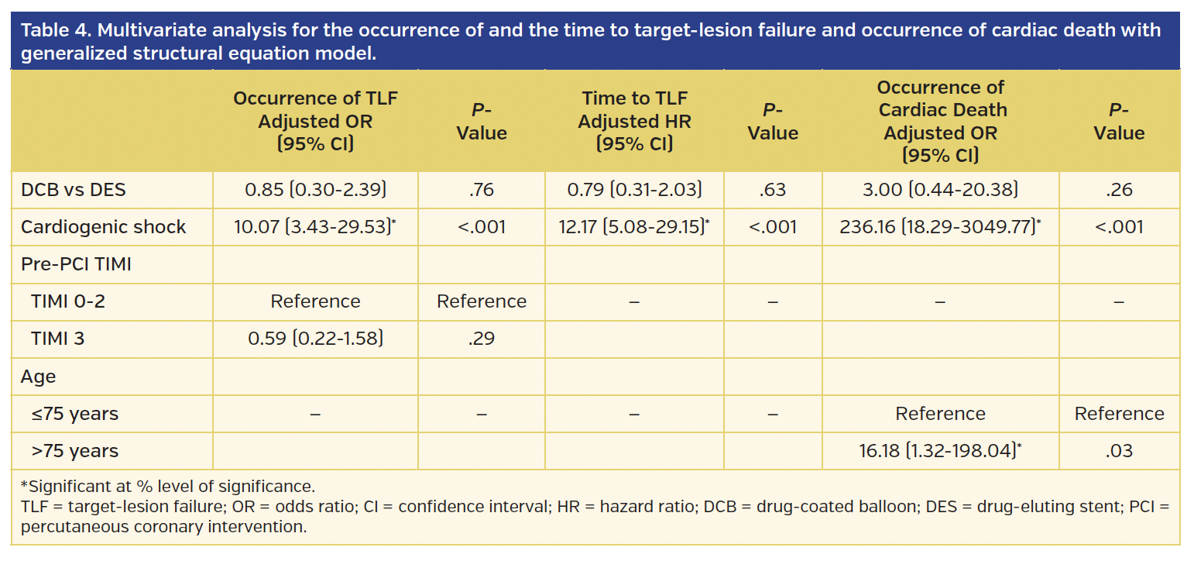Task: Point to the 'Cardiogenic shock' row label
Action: point(104,227)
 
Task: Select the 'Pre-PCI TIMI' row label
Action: point(76,264)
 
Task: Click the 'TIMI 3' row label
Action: point(57,339)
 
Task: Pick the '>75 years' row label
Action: point(74,451)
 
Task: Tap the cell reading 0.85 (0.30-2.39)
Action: point(315,190)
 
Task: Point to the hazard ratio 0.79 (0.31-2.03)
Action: point(634,190)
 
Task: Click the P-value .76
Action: point(482,190)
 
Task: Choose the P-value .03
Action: point(1119,451)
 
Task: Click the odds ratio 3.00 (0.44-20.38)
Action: point(940,190)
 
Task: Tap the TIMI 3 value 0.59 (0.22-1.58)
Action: point(315,339)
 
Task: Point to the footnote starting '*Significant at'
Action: point(167,487)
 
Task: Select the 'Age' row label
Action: point(39,377)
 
